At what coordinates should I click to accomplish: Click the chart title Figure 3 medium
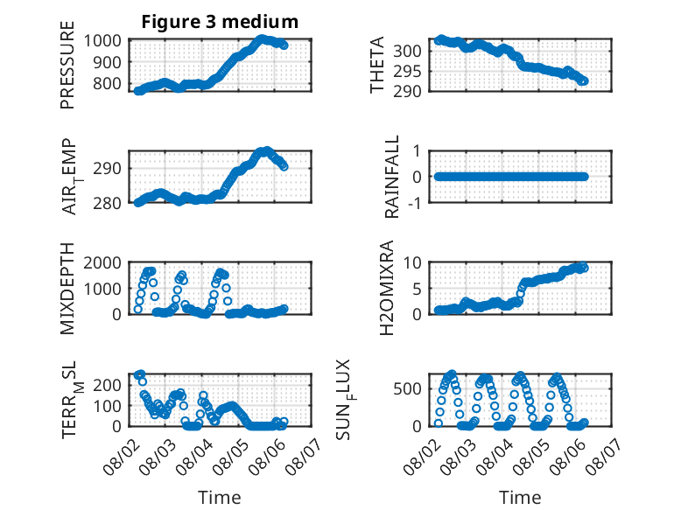(x=220, y=22)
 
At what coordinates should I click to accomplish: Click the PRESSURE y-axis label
(x=67, y=65)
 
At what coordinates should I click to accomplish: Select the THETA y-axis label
(x=377, y=65)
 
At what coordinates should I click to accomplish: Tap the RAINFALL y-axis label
(x=392, y=177)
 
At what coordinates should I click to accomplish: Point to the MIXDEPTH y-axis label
(x=67, y=289)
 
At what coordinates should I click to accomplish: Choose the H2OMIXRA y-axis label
(x=387, y=288)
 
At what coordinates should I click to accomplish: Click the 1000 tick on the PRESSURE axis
(x=102, y=41)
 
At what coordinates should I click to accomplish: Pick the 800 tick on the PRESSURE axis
(x=108, y=83)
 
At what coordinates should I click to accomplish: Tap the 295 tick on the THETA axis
(x=407, y=71)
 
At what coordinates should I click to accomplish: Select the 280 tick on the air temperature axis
(x=108, y=203)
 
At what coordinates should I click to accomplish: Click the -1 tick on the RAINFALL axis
(x=415, y=203)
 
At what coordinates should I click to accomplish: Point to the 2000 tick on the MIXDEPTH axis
(x=102, y=262)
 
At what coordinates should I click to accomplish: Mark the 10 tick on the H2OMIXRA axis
(x=412, y=262)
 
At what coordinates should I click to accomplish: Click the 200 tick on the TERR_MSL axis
(x=108, y=385)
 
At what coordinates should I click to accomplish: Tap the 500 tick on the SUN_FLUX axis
(x=407, y=388)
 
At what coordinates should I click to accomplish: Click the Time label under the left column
(x=220, y=498)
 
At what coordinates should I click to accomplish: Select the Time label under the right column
(x=520, y=498)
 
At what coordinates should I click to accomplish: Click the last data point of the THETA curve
(x=584, y=81)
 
